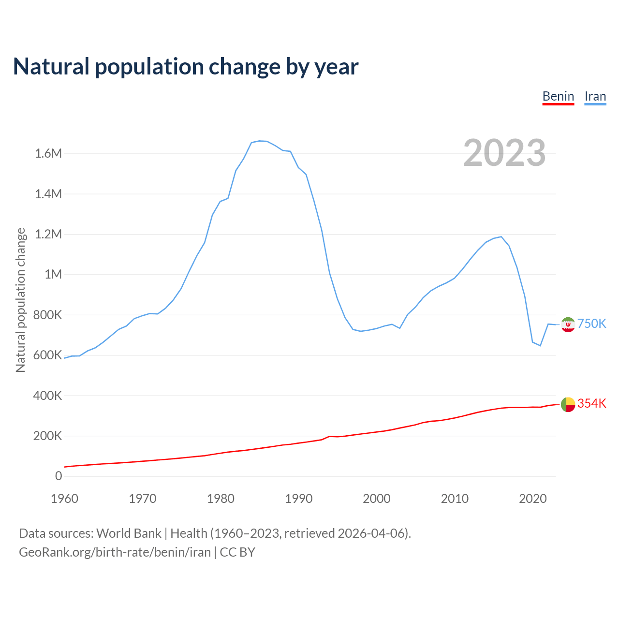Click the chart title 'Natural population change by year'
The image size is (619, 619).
point(186,67)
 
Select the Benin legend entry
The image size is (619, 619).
point(558,96)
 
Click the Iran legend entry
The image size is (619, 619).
point(595,96)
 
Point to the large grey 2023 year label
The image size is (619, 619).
point(504,153)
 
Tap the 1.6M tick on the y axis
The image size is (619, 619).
point(48,154)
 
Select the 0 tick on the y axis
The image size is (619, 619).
point(59,476)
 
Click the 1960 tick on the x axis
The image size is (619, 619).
point(64,499)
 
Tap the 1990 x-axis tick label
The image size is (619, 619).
point(299,499)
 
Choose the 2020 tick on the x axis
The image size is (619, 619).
point(532,499)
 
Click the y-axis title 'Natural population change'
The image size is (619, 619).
point(21,300)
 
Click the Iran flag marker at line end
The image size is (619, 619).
point(568,324)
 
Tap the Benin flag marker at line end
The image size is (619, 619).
point(568,404)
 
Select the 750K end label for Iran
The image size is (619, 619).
point(591,324)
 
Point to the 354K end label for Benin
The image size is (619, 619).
point(591,404)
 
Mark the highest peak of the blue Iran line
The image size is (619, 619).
point(260,141)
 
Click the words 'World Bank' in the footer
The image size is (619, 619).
point(129,533)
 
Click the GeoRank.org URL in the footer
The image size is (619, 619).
point(115,552)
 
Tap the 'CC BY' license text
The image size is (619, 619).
point(237,552)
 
